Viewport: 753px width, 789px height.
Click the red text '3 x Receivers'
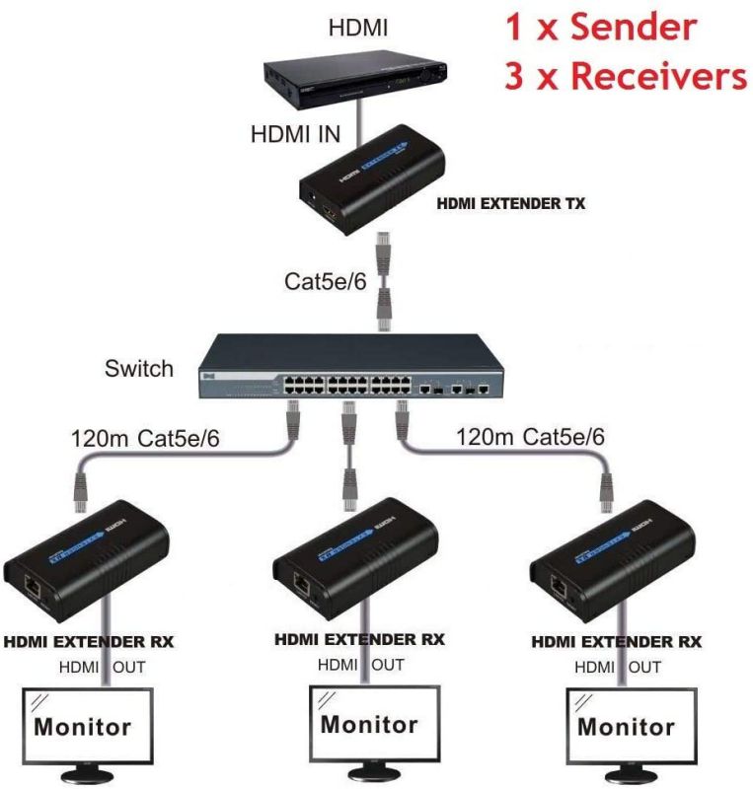click(x=626, y=76)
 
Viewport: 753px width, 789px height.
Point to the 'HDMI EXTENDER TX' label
click(x=510, y=205)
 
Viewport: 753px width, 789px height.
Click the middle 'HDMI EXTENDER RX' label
click(x=359, y=640)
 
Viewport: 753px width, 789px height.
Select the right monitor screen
click(x=626, y=726)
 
